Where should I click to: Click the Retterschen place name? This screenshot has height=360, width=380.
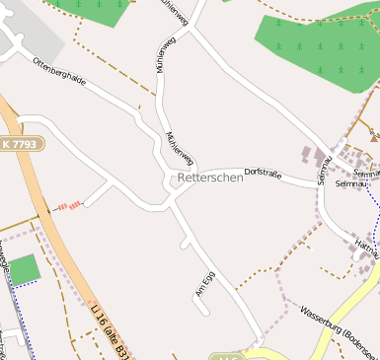click(x=210, y=179)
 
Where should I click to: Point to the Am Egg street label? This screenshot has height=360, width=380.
click(x=205, y=284)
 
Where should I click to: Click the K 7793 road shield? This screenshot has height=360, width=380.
click(x=21, y=143)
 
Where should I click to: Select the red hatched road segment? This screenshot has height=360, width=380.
click(x=69, y=205)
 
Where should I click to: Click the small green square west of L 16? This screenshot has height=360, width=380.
click(x=24, y=270)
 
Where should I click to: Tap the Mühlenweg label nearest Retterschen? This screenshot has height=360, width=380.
click(x=181, y=149)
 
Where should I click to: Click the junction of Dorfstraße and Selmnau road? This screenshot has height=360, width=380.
click(x=322, y=185)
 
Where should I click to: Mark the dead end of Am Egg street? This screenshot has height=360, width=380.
click(x=208, y=313)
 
